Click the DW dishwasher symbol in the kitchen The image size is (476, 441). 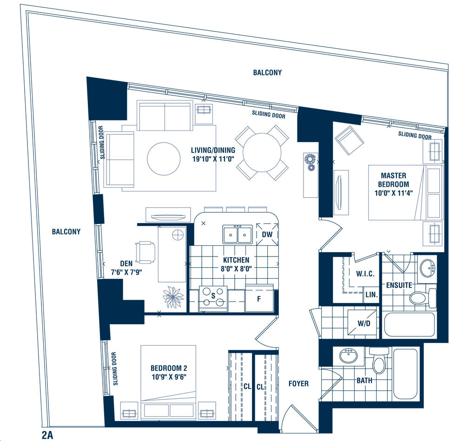coord(267,234)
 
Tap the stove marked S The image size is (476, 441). coord(213,299)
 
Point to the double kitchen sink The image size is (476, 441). coord(238,234)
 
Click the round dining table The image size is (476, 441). coord(262,153)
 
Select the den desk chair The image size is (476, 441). coord(145,252)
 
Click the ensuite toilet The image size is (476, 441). coord(423,298)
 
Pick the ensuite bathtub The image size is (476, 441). coord(410,324)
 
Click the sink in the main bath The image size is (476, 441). coord(348,355)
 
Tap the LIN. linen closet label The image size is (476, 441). coord(371,295)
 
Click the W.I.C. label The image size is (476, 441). coord(365,274)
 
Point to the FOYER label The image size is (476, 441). coord(298,384)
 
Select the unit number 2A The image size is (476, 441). coord(48,435)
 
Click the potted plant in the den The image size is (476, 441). coord(173,297)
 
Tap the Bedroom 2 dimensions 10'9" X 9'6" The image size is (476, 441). coord(169,377)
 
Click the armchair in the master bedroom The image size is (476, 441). coord(349,140)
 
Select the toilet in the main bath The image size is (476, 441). coord(379,360)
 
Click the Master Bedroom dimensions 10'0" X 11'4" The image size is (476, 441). coord(393,193)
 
